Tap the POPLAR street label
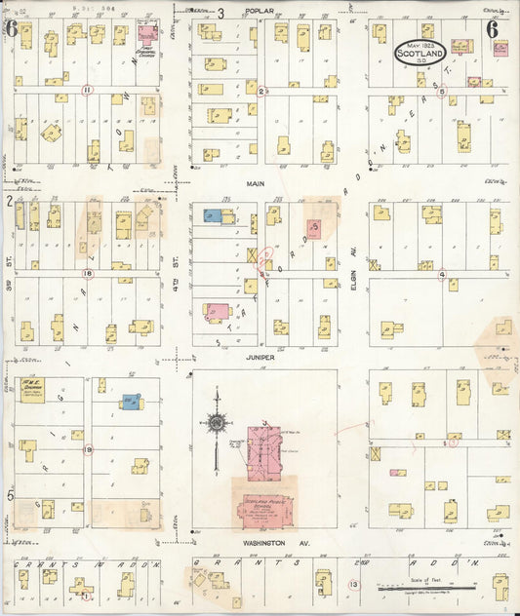(x=260, y=12)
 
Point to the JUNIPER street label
(x=260, y=358)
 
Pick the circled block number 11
(x=87, y=90)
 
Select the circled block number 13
(x=354, y=584)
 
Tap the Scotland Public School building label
(x=260, y=507)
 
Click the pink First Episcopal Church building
(x=147, y=32)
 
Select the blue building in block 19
(x=130, y=402)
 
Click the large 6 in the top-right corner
(x=492, y=28)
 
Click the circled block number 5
(x=442, y=93)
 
